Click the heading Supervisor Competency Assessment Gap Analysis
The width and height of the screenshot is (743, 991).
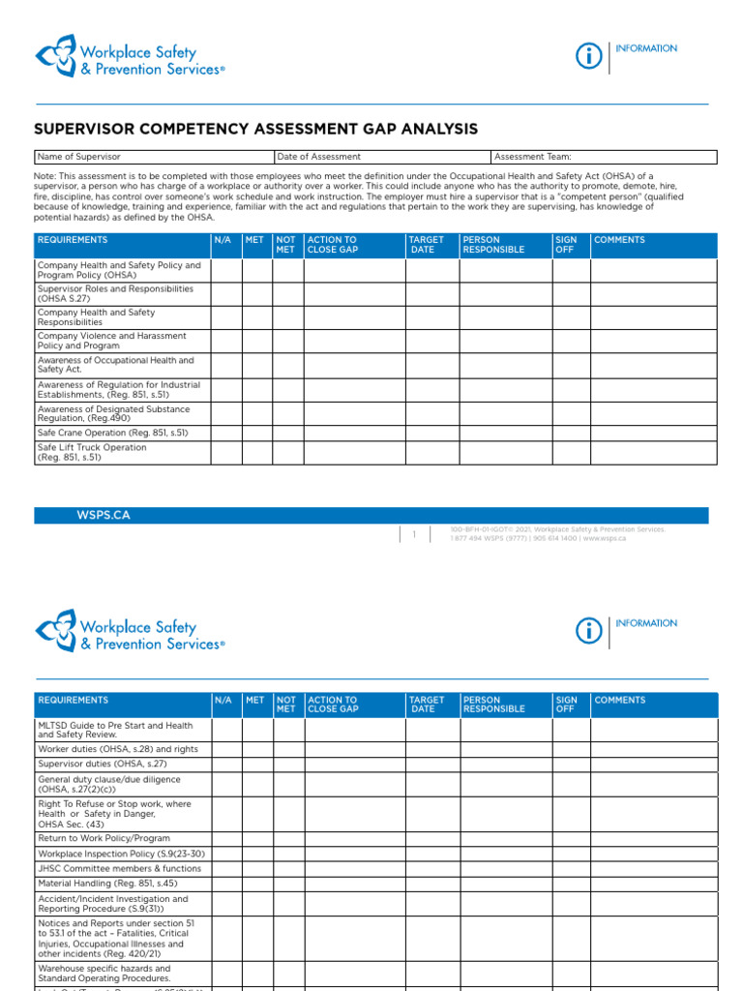(255, 129)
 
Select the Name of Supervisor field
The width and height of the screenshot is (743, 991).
(154, 157)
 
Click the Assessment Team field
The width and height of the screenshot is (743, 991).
(603, 157)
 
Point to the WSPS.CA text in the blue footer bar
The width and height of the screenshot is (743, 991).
(104, 516)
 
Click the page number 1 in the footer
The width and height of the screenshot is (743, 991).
(414, 534)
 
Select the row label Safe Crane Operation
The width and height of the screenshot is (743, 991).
(112, 433)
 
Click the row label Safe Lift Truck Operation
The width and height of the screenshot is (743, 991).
(93, 452)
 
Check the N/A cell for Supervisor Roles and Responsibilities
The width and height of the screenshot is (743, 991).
(226, 293)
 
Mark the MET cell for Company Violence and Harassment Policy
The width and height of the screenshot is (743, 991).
(256, 341)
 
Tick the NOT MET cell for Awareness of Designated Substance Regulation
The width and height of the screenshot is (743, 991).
(287, 414)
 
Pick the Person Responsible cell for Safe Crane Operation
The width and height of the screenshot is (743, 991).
(505, 433)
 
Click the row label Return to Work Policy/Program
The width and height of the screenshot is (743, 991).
(104, 838)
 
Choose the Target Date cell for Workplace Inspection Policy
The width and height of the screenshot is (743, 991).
(432, 854)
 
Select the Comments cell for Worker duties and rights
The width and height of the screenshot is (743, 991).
(654, 749)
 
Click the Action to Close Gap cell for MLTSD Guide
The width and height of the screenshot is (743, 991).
(355, 730)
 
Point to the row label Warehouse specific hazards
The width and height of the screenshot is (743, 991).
(104, 973)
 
